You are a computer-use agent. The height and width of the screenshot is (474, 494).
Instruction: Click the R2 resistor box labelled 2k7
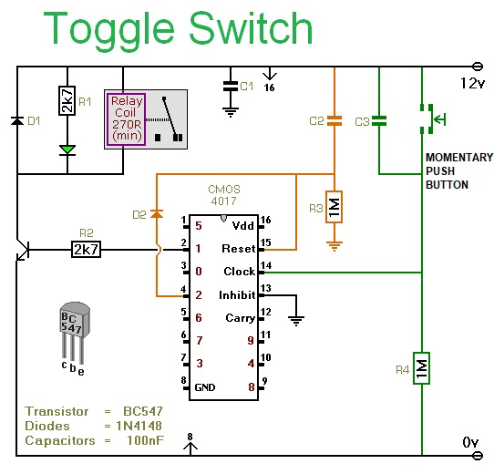pos(87,250)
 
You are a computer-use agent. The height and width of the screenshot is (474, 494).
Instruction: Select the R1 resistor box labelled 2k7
pos(67,100)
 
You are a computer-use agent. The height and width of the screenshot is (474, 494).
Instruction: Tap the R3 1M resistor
pos(334,207)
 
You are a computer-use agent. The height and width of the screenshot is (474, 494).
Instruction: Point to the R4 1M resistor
pos(421,368)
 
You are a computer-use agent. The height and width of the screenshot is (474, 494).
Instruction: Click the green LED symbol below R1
pos(67,149)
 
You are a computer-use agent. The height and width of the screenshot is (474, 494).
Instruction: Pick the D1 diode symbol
pos(17,120)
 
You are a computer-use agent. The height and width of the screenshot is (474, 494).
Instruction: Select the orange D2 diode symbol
pos(157,214)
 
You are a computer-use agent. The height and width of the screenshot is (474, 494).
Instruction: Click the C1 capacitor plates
pos(231,86)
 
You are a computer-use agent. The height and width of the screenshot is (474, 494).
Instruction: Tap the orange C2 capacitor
pos(334,120)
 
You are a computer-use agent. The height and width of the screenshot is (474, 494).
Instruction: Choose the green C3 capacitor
pos(379,120)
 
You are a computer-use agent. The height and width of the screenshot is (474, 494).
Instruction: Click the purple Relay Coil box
pos(126,119)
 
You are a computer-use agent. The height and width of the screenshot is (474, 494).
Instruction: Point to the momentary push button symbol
pos(432,119)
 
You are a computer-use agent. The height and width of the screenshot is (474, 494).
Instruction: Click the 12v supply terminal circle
pos(478,67)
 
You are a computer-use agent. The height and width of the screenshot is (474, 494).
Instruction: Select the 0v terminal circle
pos(478,456)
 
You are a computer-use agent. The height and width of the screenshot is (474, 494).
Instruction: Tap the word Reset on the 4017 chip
pos(239,249)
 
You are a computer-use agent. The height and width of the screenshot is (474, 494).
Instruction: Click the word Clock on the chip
pos(240,272)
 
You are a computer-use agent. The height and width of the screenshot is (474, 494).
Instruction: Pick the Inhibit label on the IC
pos(237,295)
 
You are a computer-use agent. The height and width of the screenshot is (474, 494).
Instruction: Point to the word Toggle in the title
pos(109,29)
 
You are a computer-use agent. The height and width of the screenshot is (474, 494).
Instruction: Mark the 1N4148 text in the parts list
pos(139,426)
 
